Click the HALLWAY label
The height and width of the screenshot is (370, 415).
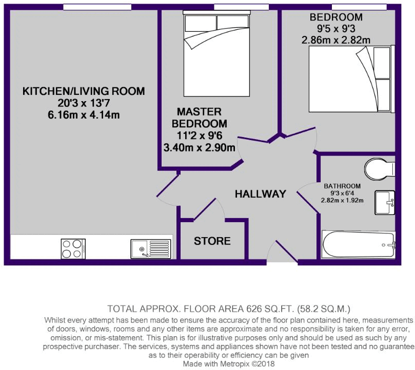[x=260, y=194]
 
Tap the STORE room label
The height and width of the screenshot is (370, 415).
[x=212, y=241]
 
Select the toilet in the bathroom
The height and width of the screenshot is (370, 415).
[x=379, y=168]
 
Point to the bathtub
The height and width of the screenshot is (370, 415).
[x=359, y=244]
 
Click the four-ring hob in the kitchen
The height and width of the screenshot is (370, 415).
[x=73, y=248]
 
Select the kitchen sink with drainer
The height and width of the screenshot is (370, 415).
[x=149, y=249]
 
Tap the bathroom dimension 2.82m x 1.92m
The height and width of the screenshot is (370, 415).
[x=342, y=201]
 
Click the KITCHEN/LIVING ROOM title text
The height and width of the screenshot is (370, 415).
[x=84, y=91]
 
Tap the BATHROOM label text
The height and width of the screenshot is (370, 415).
[x=342, y=186]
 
